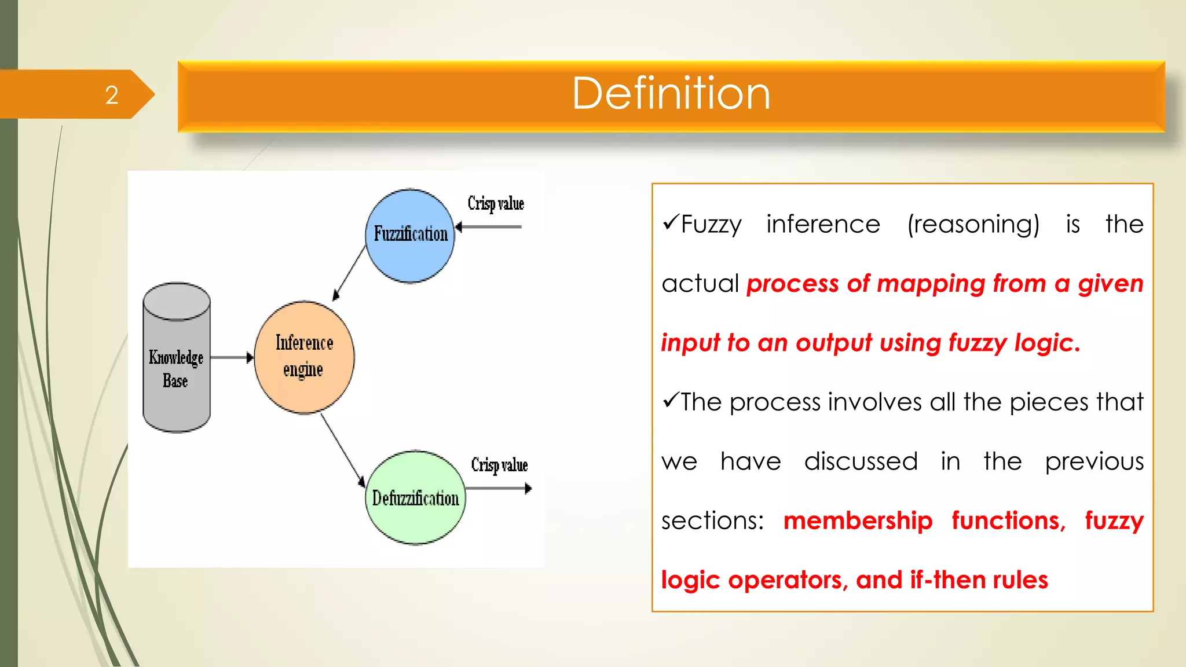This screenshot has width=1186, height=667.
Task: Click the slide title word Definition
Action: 671,94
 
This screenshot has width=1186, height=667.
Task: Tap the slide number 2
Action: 112,95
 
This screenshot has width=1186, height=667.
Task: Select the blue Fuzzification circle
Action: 410,236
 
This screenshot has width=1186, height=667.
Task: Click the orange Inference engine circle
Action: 304,357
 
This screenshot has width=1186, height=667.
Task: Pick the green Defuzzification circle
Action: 415,498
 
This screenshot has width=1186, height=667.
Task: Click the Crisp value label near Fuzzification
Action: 496,203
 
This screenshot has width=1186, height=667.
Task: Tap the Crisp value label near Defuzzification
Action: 499,465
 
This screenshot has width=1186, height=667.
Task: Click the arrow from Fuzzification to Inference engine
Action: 349,272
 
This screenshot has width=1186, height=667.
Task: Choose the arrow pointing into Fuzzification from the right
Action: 489,226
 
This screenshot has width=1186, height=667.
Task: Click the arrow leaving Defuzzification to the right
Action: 499,489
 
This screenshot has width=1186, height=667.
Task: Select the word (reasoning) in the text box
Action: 973,225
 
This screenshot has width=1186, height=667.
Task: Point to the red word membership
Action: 858,521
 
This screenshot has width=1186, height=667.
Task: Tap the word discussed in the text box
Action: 861,461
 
